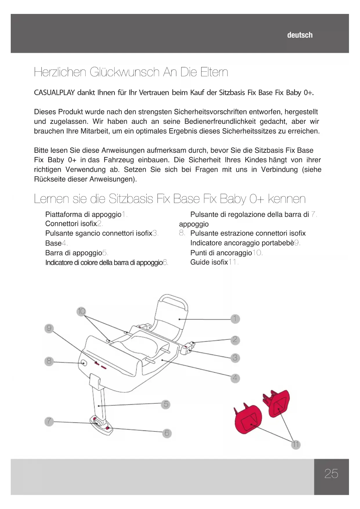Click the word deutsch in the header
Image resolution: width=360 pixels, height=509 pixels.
pyautogui.click(x=300, y=35)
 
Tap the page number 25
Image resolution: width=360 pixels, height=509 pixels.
pyautogui.click(x=331, y=474)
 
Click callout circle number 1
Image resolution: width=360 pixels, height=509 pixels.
pyautogui.click(x=235, y=319)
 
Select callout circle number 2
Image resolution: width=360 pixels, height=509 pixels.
pyautogui.click(x=235, y=340)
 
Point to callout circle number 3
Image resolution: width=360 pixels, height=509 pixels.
pyautogui.click(x=235, y=358)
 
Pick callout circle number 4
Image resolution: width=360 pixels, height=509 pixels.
pyautogui.click(x=235, y=378)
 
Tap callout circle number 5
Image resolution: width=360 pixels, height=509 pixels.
pyautogui.click(x=166, y=404)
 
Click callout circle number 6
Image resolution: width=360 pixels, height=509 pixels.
pyautogui.click(x=167, y=433)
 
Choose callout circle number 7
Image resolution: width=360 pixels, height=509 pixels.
pyautogui.click(x=49, y=421)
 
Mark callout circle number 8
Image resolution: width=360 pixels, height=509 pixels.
pyautogui.click(x=49, y=361)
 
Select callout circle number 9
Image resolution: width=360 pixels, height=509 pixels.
pyautogui.click(x=49, y=328)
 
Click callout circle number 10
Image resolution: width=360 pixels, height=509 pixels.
pyautogui.click(x=81, y=311)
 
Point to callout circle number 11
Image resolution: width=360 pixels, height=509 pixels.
pyautogui.click(x=295, y=444)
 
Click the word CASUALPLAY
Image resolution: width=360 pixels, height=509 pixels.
pyautogui.click(x=55, y=93)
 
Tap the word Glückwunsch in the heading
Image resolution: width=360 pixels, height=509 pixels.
pyautogui.click(x=124, y=72)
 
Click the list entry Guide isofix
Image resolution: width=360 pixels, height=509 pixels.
pyautogui.click(x=209, y=262)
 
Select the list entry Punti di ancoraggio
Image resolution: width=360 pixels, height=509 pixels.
pyautogui.click(x=221, y=253)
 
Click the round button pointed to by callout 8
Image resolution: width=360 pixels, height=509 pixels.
pyautogui.click(x=84, y=363)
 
